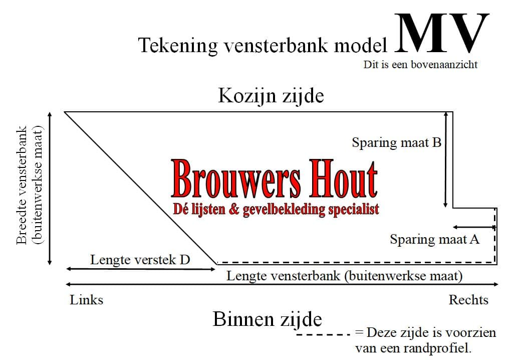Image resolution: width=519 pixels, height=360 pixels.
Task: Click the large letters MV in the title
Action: click(x=441, y=33)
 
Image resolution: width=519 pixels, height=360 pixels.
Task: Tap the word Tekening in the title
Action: click(x=178, y=45)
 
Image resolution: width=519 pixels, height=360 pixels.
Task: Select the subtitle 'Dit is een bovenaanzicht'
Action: click(x=420, y=64)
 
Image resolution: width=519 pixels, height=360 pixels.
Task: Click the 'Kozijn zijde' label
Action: click(x=271, y=96)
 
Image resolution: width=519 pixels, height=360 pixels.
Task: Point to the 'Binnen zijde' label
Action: click(x=267, y=319)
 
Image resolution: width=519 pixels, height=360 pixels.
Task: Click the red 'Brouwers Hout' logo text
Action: click(x=275, y=179)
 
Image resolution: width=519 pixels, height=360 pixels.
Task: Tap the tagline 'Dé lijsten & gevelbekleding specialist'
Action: click(x=276, y=210)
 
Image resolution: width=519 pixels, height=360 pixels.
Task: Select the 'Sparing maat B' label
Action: click(x=397, y=143)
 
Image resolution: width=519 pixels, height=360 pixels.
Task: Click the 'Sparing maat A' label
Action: click(x=435, y=240)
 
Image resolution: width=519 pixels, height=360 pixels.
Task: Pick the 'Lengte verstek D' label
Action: click(x=140, y=260)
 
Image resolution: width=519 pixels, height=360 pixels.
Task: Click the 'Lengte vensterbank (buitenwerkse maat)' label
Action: click(x=344, y=276)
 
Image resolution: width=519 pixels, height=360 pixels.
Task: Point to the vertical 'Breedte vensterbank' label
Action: click(x=29, y=186)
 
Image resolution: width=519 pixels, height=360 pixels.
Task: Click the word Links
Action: click(x=86, y=300)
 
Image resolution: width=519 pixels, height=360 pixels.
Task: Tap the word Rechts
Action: click(x=468, y=300)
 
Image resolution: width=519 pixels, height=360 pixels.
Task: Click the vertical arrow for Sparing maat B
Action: click(x=445, y=159)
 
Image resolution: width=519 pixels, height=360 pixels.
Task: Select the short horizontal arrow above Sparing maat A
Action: click(x=474, y=227)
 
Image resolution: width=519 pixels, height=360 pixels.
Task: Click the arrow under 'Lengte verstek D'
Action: click(x=141, y=269)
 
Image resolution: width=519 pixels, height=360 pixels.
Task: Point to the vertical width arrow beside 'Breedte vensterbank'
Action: click(x=50, y=189)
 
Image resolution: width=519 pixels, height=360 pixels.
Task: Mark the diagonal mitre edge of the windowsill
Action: click(x=141, y=188)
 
